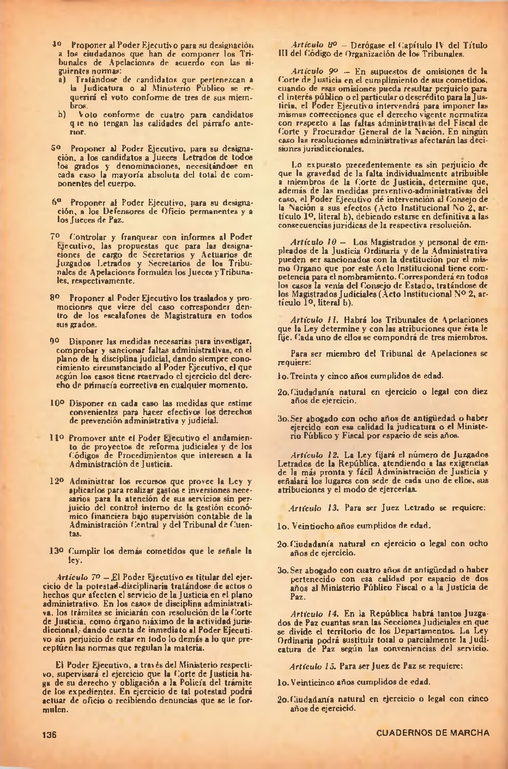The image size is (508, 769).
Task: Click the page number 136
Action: click(50, 733)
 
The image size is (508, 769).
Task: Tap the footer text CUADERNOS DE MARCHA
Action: click(432, 733)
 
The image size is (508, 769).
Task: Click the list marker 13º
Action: click(57, 551)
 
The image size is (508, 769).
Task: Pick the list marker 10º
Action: click(57, 403)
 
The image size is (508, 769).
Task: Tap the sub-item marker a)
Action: click(62, 80)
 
